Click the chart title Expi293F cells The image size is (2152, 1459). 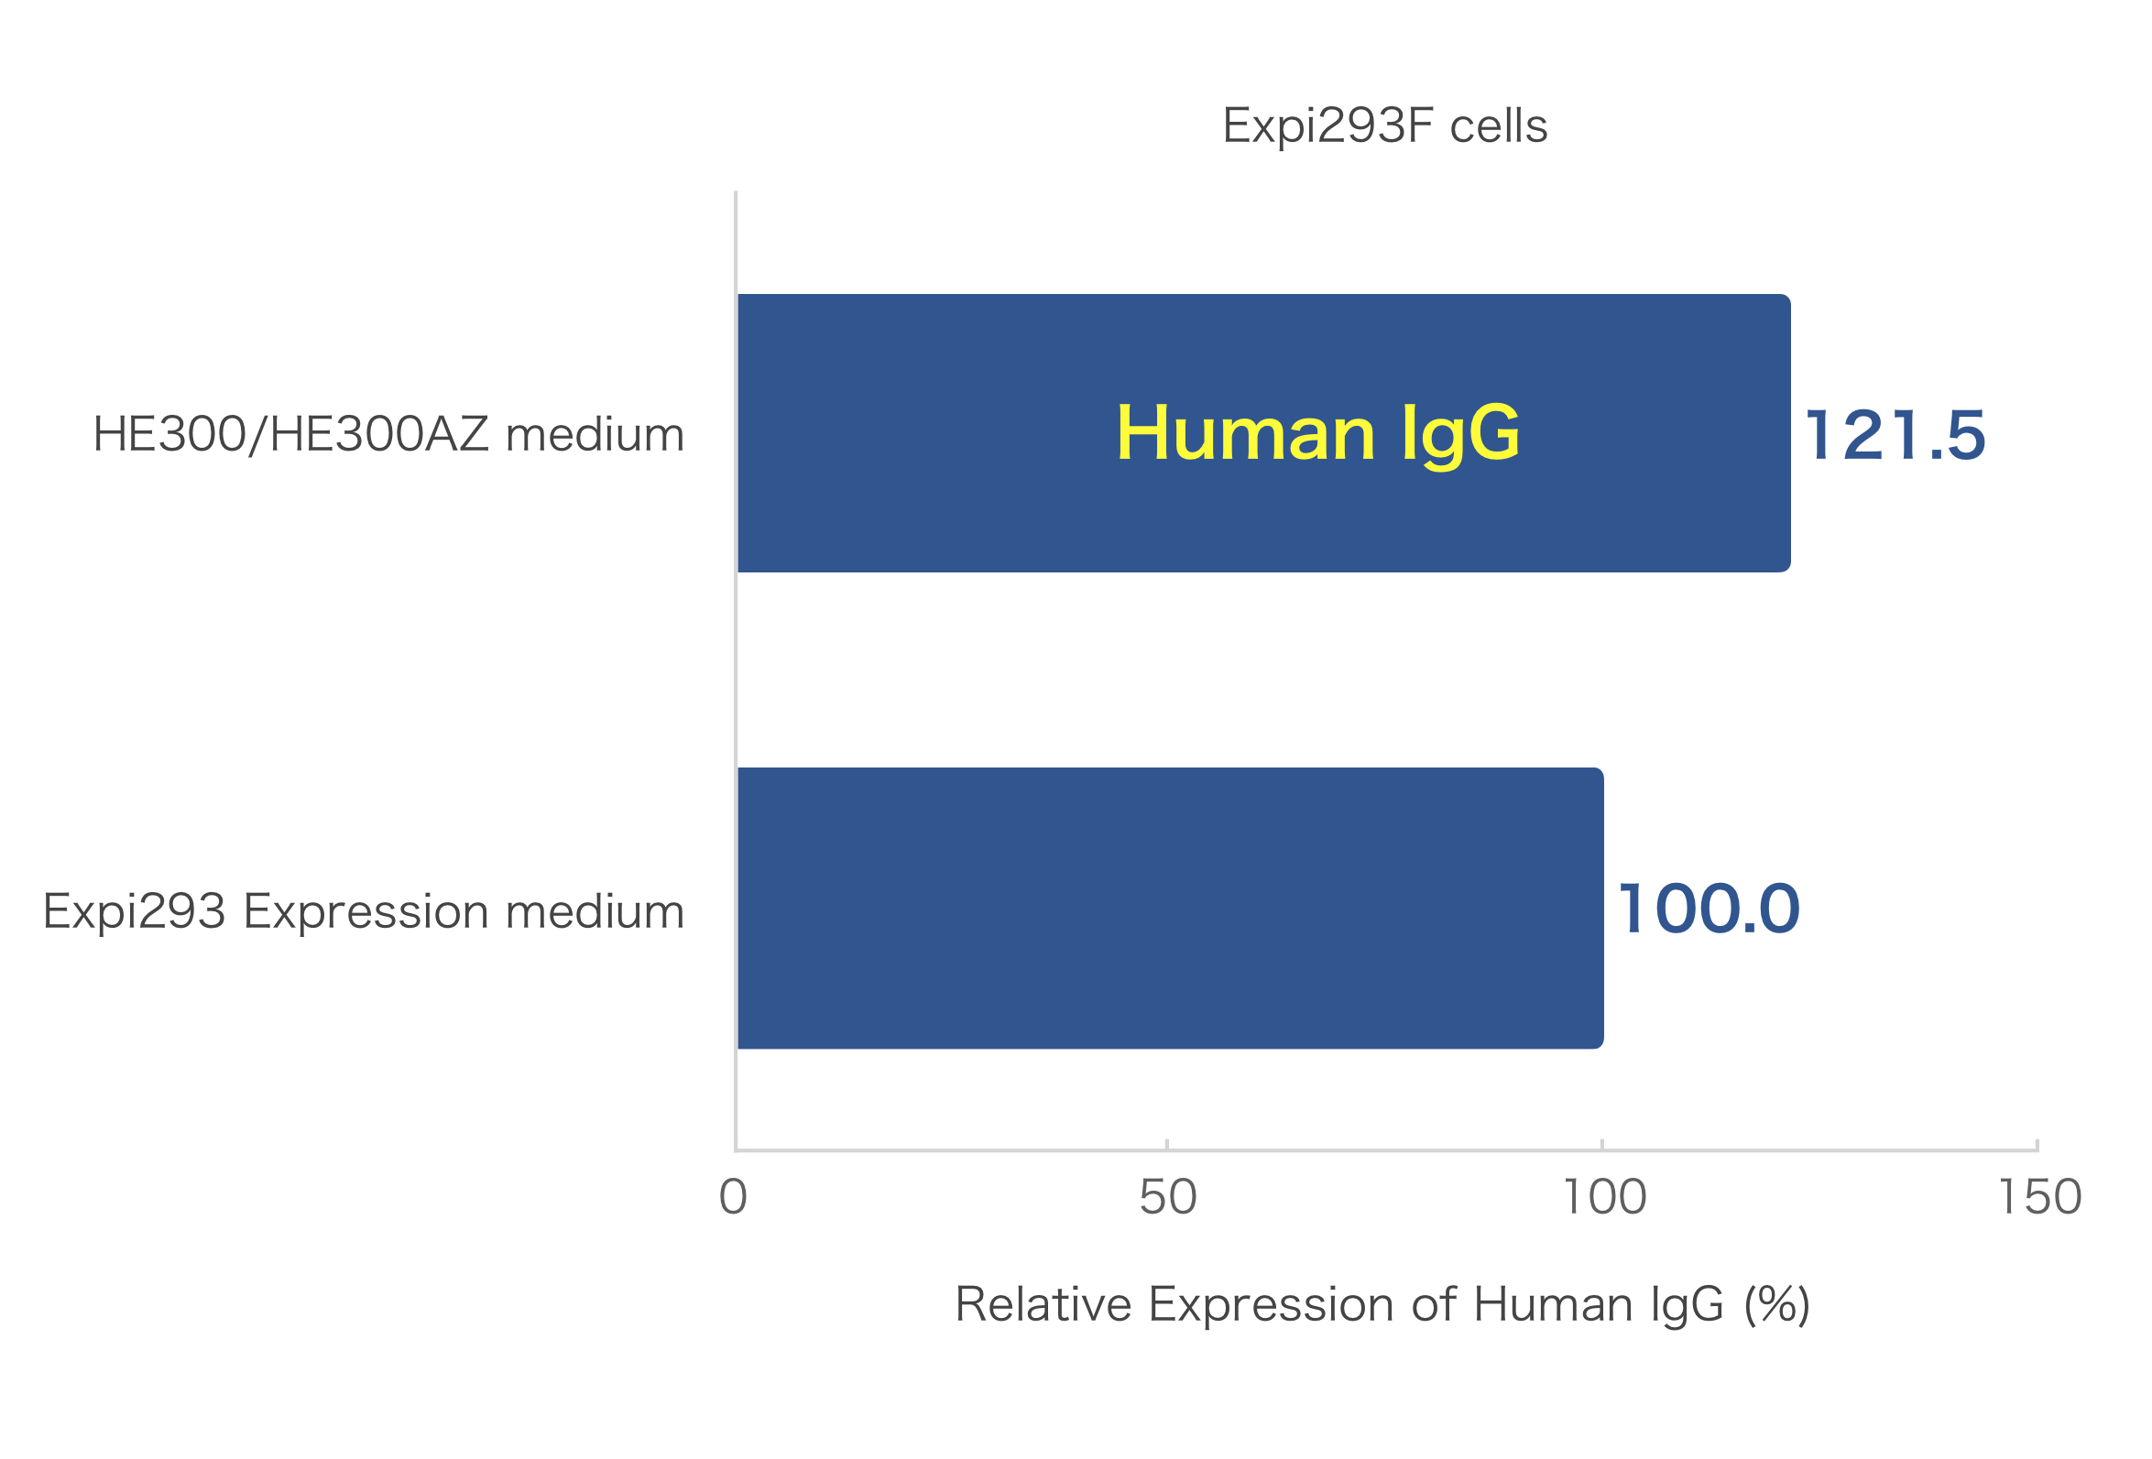pyautogui.click(x=1384, y=125)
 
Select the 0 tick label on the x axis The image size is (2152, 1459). pyautogui.click(x=734, y=1197)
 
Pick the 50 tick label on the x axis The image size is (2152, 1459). pyautogui.click(x=1168, y=1197)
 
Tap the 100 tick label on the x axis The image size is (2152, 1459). pyautogui.click(x=1605, y=1197)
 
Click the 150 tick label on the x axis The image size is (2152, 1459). pyautogui.click(x=2040, y=1197)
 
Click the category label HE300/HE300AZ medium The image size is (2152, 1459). pyautogui.click(x=388, y=434)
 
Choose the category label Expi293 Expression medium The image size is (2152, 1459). pyautogui.click(x=363, y=912)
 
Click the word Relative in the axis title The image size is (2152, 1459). pyautogui.click(x=1043, y=1304)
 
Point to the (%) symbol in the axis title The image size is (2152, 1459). pyautogui.click(x=1776, y=1305)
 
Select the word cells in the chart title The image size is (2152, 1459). pyautogui.click(x=1498, y=125)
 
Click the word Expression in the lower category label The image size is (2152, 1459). pyautogui.click(x=366, y=913)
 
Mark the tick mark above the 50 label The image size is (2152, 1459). pyautogui.click(x=1167, y=1144)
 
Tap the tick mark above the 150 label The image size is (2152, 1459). pyautogui.click(x=2037, y=1144)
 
